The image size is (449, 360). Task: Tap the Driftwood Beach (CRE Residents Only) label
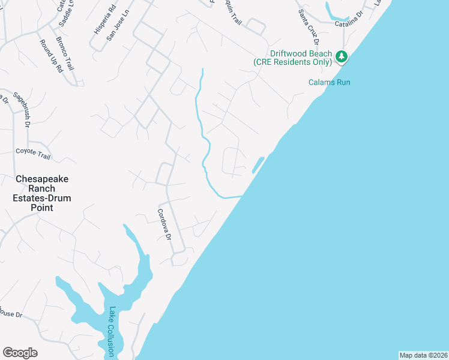point(293,58)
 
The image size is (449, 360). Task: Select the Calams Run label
point(329,82)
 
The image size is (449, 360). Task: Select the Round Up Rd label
point(51,56)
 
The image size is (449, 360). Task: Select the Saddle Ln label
point(66,13)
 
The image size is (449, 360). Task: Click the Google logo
point(20,353)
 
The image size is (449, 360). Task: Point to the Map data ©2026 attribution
point(423,355)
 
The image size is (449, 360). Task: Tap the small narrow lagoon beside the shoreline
point(258,165)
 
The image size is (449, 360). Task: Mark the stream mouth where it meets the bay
point(241,196)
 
